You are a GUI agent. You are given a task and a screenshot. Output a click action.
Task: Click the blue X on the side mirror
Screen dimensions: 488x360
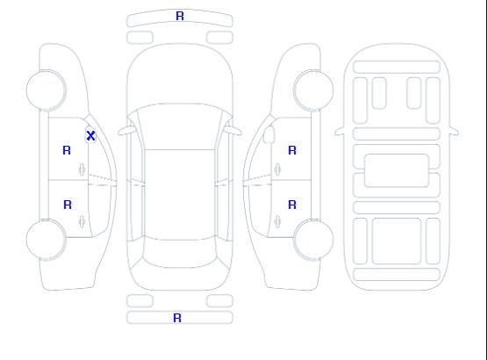click(x=90, y=135)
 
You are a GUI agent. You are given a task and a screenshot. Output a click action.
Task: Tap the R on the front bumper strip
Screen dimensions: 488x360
click(x=180, y=16)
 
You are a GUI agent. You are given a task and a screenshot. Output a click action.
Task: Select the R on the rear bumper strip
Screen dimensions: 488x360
click(x=177, y=318)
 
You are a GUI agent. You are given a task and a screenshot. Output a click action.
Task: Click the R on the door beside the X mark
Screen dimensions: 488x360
click(x=67, y=150)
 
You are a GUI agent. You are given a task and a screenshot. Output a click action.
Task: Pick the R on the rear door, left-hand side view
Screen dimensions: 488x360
click(x=68, y=205)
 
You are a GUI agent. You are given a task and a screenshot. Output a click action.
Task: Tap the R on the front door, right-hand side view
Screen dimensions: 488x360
click(x=292, y=150)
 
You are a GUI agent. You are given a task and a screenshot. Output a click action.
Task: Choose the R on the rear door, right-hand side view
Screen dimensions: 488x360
click(x=292, y=205)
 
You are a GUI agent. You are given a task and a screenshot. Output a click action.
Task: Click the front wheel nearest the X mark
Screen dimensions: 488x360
click(x=46, y=90)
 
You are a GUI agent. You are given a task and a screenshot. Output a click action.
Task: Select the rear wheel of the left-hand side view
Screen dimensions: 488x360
click(x=46, y=240)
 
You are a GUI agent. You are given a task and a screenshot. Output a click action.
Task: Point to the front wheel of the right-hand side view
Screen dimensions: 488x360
click(x=313, y=90)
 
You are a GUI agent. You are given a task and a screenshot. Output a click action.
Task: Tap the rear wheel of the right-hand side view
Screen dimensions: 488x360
click(x=313, y=240)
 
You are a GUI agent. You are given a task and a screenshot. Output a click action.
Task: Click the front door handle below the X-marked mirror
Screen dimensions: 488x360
click(x=82, y=169)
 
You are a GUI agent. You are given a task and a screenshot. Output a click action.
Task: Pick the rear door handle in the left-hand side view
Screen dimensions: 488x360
click(x=82, y=221)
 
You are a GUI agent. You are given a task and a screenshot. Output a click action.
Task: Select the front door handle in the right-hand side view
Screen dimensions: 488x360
click(x=277, y=169)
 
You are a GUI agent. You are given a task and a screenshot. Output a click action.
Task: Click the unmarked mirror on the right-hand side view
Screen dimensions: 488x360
click(x=269, y=134)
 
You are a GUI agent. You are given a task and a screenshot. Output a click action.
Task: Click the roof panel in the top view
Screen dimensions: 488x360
click(x=180, y=195)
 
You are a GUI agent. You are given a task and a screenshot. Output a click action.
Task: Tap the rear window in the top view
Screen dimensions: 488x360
click(x=180, y=253)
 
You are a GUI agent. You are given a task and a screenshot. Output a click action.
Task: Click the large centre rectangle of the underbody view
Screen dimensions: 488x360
click(x=397, y=170)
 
